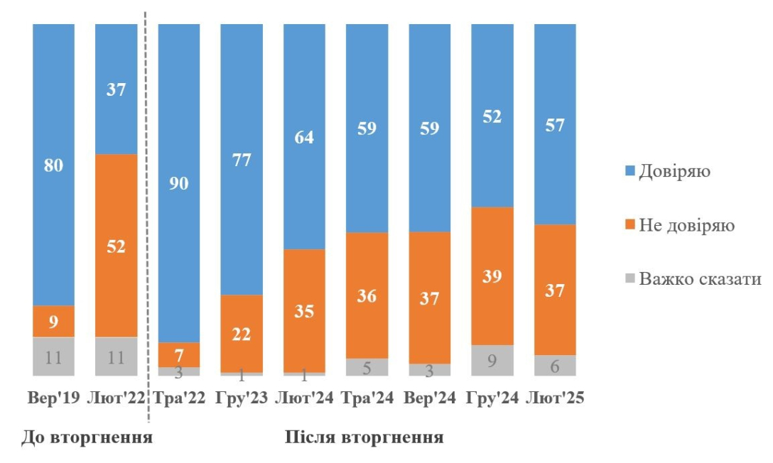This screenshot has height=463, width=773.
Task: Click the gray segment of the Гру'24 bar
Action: coord(492,360)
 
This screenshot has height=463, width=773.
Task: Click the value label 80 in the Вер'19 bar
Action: coord(53,165)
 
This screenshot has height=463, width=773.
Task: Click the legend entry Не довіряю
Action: coord(681,225)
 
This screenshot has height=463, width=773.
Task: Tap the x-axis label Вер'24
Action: coord(429,398)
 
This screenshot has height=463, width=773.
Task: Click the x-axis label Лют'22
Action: coord(116,398)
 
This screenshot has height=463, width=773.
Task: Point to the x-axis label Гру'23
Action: coord(242,398)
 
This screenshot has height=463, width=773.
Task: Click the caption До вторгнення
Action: coord(87,436)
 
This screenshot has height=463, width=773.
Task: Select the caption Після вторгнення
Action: coord(364,436)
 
